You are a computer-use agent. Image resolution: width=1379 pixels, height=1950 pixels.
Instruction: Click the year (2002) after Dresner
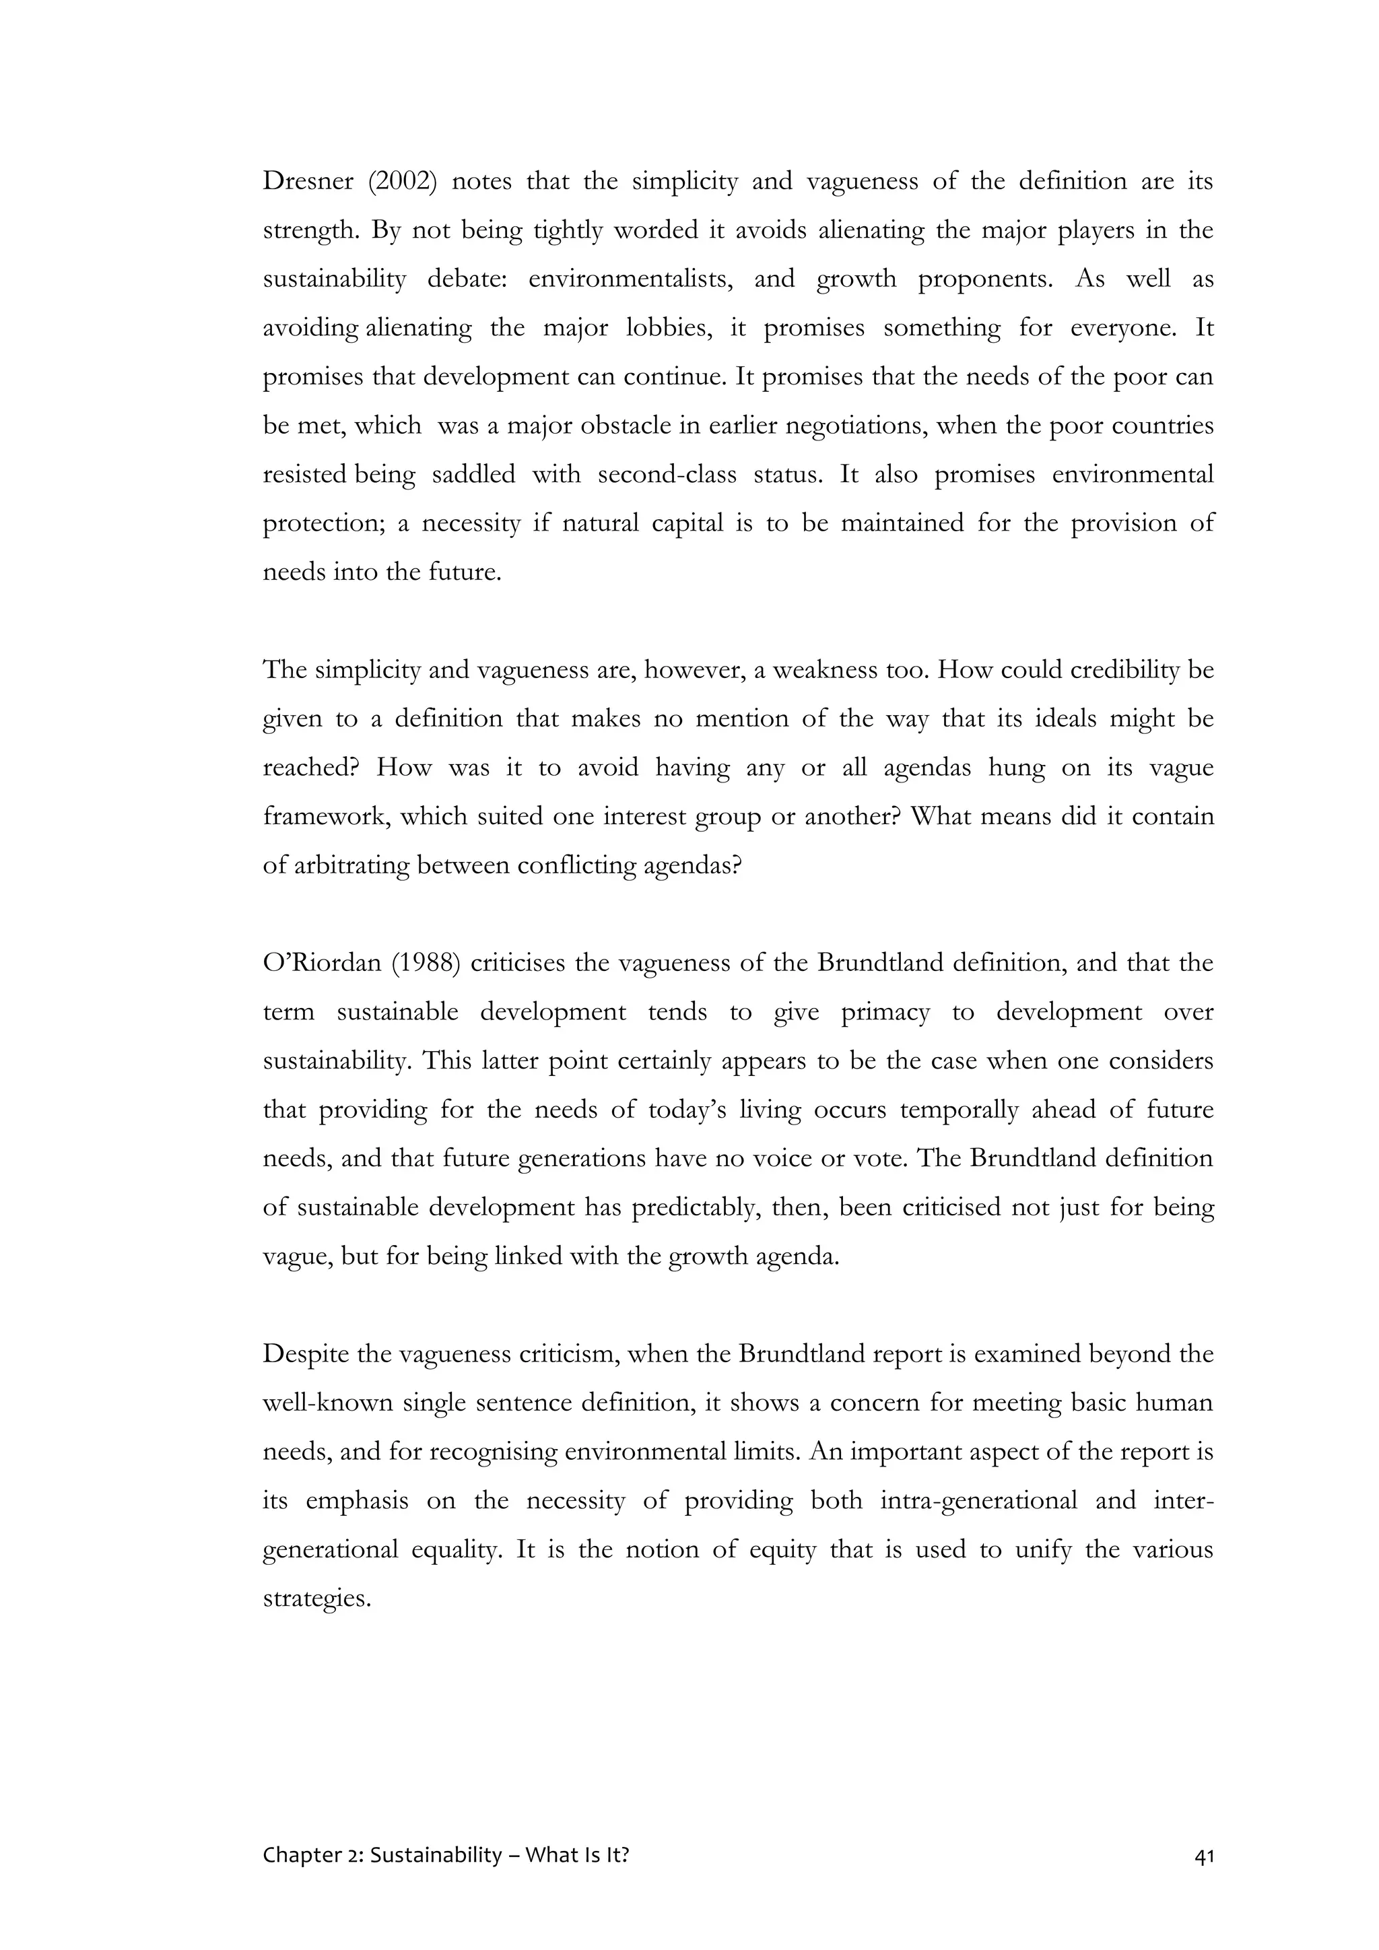coord(403,182)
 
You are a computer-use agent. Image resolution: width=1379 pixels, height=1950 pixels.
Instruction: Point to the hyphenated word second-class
coord(667,475)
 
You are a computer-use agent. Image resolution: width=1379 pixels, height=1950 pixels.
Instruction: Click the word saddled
coord(474,475)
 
